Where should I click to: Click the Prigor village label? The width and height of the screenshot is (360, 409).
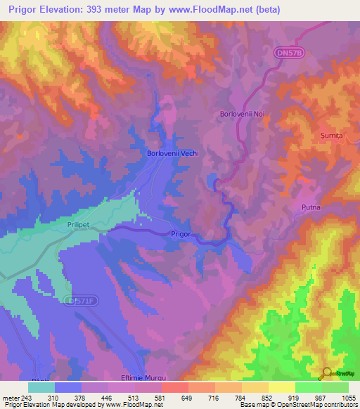[x=181, y=235]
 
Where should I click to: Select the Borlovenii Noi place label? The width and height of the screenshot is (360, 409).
[x=243, y=114]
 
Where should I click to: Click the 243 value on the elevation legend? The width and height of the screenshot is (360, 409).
[x=27, y=397]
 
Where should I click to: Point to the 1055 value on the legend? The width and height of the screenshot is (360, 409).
[x=349, y=397]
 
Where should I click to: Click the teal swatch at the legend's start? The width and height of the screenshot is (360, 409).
[x=41, y=387]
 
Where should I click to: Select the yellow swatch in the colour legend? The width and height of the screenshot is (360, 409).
[x=281, y=387]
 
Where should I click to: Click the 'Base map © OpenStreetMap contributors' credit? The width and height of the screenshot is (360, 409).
[x=297, y=405]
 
